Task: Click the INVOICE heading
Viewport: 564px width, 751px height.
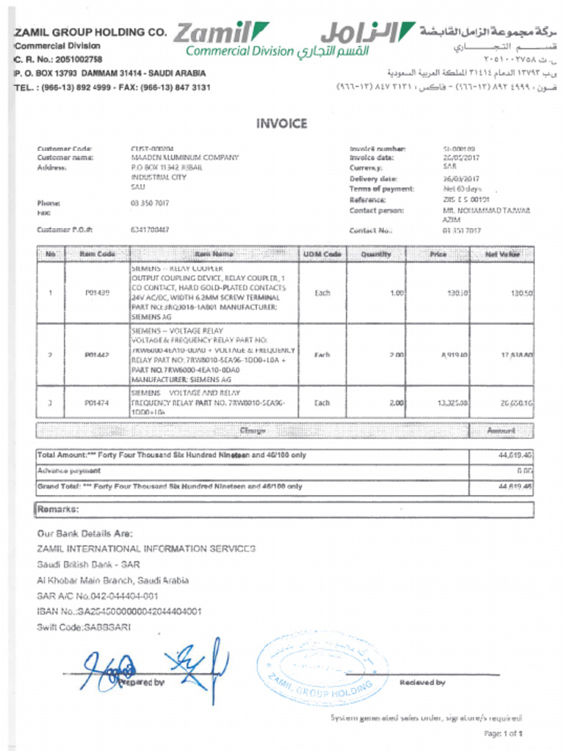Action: pyautogui.click(x=281, y=124)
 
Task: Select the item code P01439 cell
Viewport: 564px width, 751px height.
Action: pyautogui.click(x=97, y=293)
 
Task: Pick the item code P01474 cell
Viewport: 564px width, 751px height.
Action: pyautogui.click(x=97, y=403)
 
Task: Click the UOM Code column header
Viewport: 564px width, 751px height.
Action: pyautogui.click(x=322, y=254)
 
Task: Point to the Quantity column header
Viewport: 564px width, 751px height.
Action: pyautogui.click(x=376, y=254)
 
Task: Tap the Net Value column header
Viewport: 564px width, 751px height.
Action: pyautogui.click(x=502, y=254)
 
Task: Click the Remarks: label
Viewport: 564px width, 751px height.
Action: pyautogui.click(x=58, y=509)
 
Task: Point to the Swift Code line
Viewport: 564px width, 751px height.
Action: pyautogui.click(x=84, y=627)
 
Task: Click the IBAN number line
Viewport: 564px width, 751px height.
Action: pyautogui.click(x=119, y=611)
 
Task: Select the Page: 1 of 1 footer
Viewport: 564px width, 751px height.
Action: pyautogui.click(x=503, y=733)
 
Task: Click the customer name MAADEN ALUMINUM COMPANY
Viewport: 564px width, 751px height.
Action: pyautogui.click(x=184, y=158)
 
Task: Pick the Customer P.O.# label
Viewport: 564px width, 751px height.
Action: pyautogui.click(x=65, y=230)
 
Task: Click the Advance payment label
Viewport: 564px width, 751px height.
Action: pyautogui.click(x=69, y=471)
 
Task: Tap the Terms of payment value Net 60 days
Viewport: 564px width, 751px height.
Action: pyautogui.click(x=462, y=189)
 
